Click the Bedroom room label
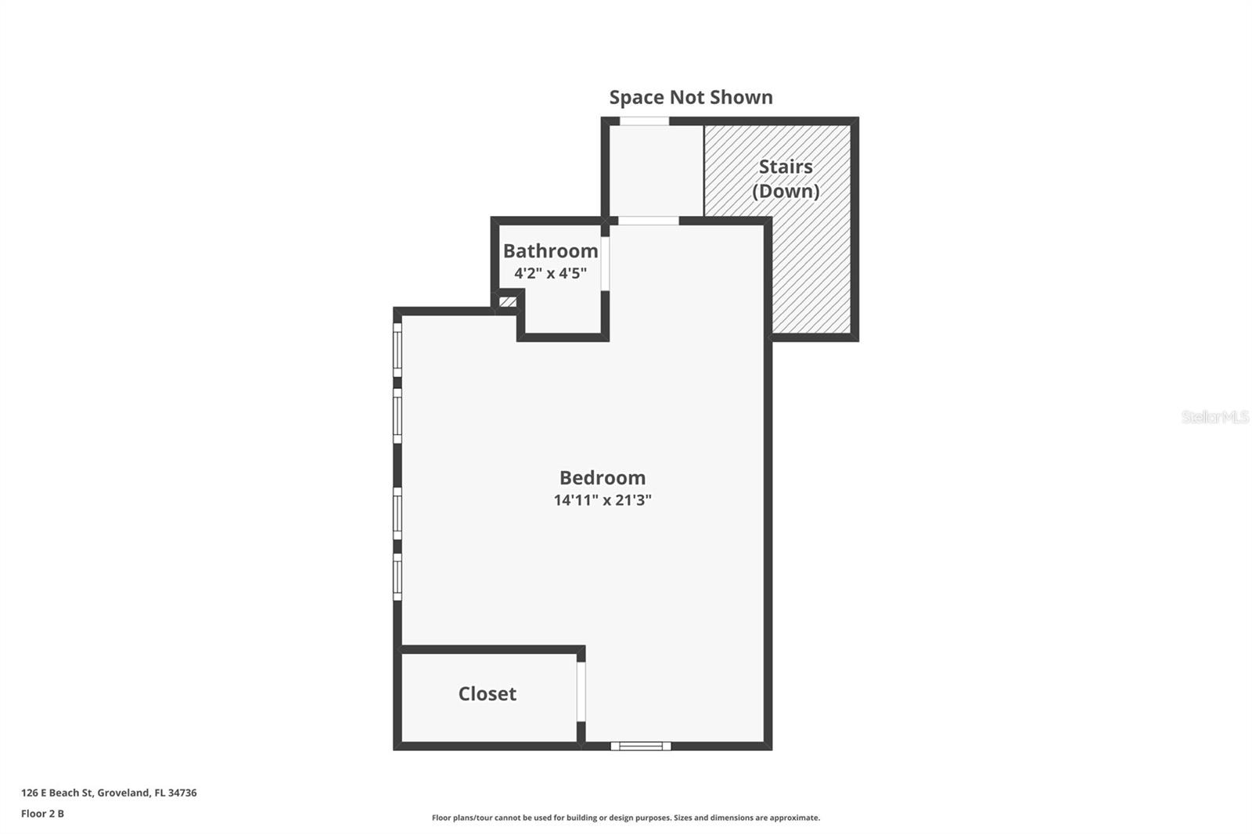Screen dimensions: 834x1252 point(602,477)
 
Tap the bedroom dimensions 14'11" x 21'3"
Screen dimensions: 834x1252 point(602,500)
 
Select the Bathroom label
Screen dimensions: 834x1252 point(550,250)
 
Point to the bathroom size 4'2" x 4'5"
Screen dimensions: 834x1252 point(550,273)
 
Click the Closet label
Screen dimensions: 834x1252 point(487,694)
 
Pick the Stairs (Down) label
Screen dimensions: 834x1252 point(785,178)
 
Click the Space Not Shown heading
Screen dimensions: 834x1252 point(690,97)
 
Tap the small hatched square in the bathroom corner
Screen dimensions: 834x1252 point(508,301)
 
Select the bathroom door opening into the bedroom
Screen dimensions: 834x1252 point(604,263)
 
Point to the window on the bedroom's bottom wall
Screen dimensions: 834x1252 point(640,746)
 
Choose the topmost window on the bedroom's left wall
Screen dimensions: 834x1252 point(398,350)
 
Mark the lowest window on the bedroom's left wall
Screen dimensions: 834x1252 point(398,577)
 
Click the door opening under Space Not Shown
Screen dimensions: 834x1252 point(644,121)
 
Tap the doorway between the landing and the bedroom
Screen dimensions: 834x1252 point(648,221)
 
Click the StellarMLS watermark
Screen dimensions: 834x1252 point(1214,417)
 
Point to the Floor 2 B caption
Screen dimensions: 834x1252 point(42,814)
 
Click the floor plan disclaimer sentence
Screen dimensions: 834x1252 point(625,818)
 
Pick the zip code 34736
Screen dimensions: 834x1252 point(182,793)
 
